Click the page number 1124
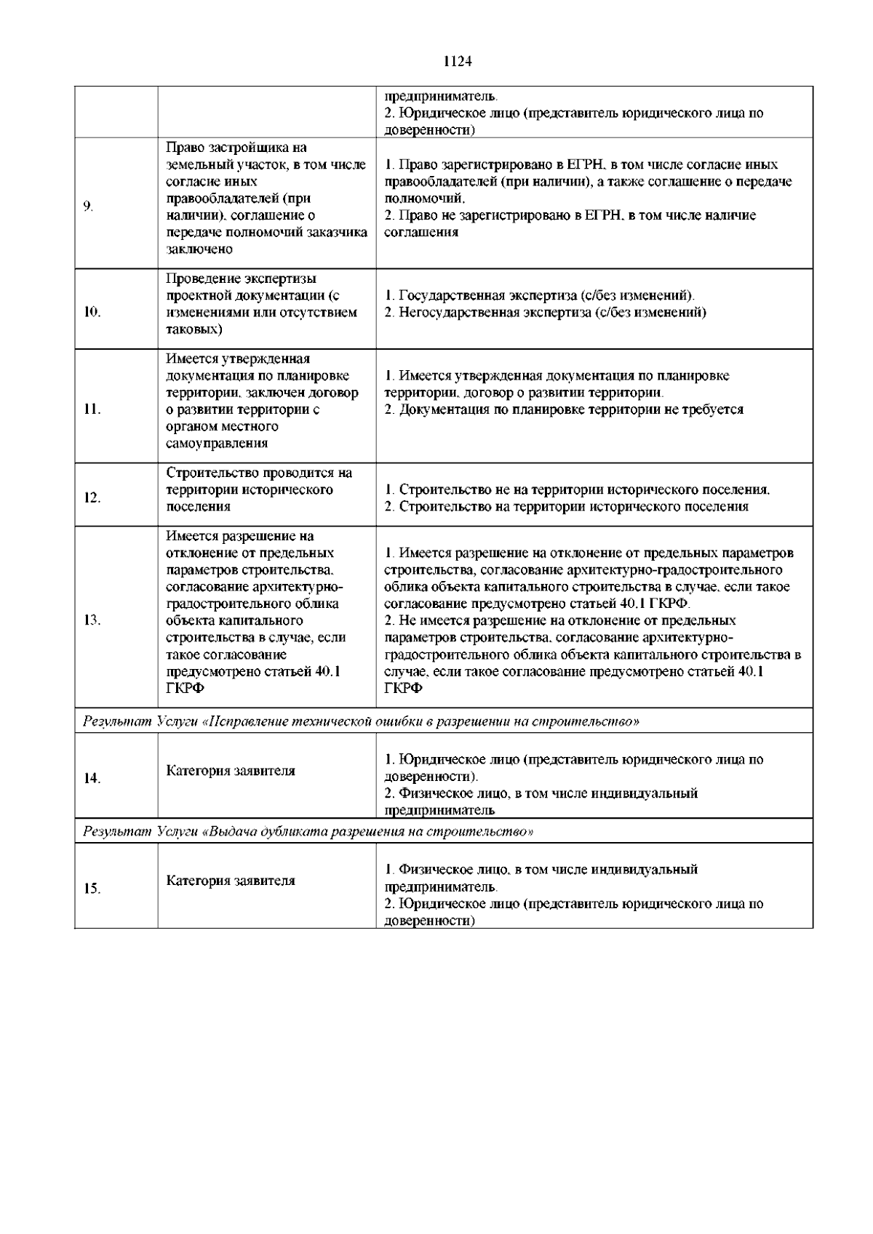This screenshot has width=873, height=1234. coord(458,62)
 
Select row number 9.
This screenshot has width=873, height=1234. coord(87,207)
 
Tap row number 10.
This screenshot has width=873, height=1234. coord(92,313)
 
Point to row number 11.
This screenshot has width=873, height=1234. coord(92,409)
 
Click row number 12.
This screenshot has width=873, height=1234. coord(92,498)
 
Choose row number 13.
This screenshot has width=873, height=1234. coord(92,621)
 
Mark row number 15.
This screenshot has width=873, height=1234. coord(92,889)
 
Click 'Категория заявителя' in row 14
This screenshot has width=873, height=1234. coord(231,771)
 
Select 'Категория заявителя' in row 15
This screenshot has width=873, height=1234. coord(231,881)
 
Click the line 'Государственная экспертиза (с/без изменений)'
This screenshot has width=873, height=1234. coord(539,296)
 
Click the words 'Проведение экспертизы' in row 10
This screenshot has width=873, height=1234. coord(242,279)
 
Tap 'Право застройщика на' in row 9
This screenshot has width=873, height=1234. coord(236,148)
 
